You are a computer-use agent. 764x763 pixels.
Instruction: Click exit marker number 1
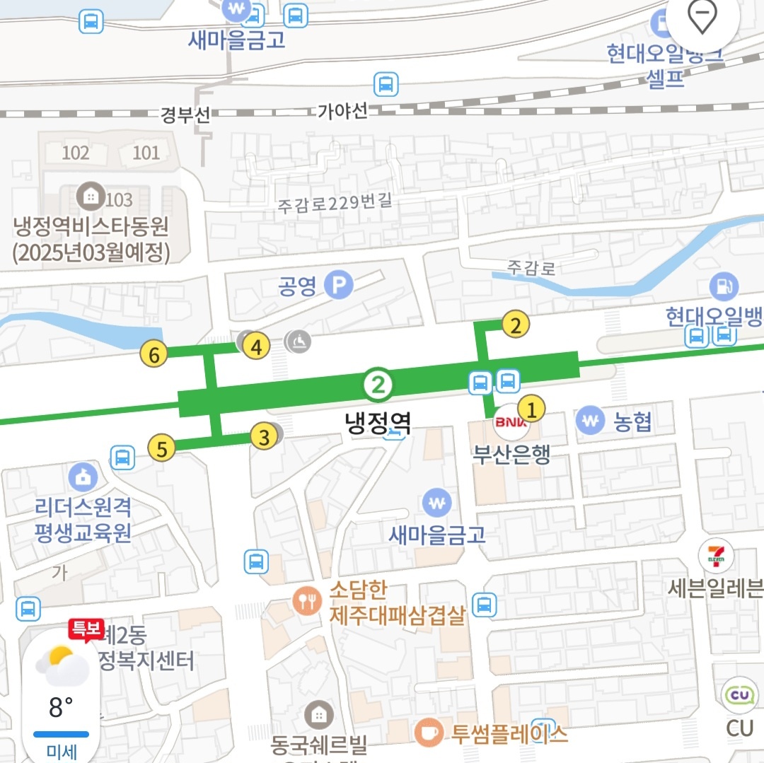pos(532,408)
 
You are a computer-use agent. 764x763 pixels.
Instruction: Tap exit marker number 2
pos(516,325)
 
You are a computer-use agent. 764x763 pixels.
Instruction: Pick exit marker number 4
pos(257,346)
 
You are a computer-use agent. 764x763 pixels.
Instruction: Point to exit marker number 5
pos(162,448)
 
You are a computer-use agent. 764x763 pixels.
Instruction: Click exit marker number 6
pos(154,353)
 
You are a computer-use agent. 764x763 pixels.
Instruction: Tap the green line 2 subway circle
pos(378,385)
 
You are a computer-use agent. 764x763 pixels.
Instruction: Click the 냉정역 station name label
pos(378,423)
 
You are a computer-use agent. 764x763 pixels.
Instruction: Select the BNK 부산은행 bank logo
pos(507,422)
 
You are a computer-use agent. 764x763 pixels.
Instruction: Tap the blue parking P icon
pos(338,286)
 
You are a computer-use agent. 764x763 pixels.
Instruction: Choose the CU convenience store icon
pos(741,696)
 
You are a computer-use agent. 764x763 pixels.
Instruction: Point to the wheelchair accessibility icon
pos(299,342)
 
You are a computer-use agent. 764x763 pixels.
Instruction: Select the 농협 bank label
pos(632,422)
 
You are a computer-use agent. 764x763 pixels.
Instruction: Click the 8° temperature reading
pos(61,706)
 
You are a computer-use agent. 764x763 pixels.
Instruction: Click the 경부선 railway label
pos(185,115)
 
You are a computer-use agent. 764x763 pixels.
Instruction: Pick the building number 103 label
pos(120,199)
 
